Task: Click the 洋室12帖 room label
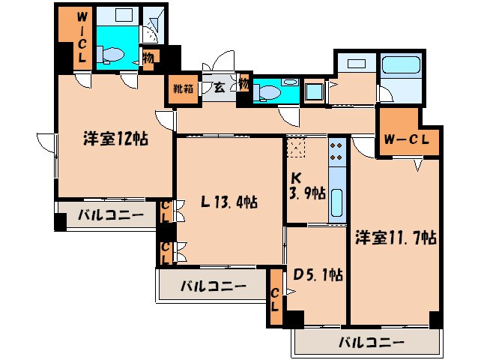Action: pyautogui.click(x=114, y=139)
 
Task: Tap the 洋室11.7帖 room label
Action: pyautogui.click(x=396, y=238)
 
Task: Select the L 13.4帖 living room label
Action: pyautogui.click(x=229, y=202)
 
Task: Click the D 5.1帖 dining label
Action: pyautogui.click(x=316, y=275)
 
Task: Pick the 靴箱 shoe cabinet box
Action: pyautogui.click(x=184, y=87)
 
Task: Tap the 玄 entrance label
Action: pyautogui.click(x=220, y=87)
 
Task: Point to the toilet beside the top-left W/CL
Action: pyautogui.click(x=113, y=54)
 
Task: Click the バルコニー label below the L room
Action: pyautogui.click(x=214, y=286)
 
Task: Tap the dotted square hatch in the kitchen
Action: pyautogui.click(x=297, y=148)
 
